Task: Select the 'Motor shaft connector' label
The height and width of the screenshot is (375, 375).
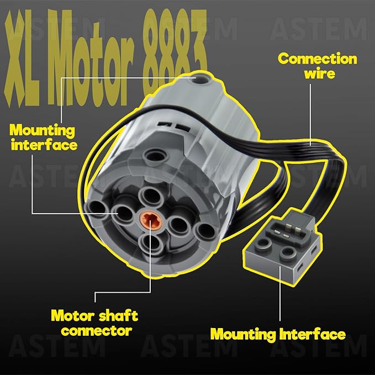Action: coord(94,323)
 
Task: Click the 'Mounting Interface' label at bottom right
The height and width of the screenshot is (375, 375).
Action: coord(278,334)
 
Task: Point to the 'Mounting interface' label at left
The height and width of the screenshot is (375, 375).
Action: coord(43,138)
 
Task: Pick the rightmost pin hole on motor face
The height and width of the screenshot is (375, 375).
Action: coord(204,230)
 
